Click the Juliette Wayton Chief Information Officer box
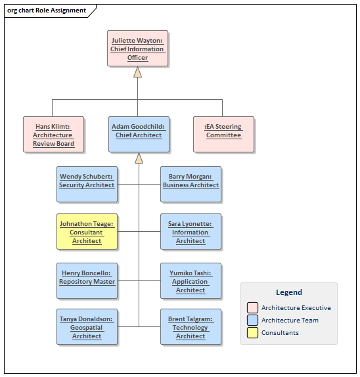(x=138, y=49)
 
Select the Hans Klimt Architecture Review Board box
(x=54, y=135)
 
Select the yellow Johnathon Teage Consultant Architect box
(x=87, y=232)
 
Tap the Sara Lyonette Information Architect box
(x=191, y=232)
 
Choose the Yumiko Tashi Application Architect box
(x=191, y=280)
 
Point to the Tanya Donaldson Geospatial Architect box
(x=87, y=327)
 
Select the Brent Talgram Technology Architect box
(x=191, y=327)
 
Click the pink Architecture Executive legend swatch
(x=252, y=307)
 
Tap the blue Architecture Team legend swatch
(x=252, y=320)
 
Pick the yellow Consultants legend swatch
(x=252, y=332)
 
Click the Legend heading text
(x=289, y=292)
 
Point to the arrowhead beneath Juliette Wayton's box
(x=138, y=72)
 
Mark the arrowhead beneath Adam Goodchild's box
(x=139, y=158)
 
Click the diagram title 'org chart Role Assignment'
(x=47, y=11)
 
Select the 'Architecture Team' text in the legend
(x=290, y=320)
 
